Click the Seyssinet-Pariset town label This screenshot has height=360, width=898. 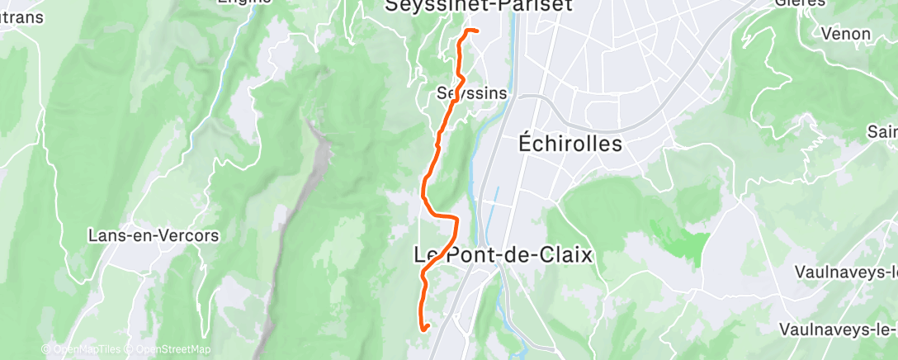point(479,6)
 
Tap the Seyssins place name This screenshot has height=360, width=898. point(472,92)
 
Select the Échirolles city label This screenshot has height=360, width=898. point(570,143)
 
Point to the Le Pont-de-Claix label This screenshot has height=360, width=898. point(503,255)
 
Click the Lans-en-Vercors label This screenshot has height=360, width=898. point(154,236)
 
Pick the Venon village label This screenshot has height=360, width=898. point(846,34)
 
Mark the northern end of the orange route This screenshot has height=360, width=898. point(477,31)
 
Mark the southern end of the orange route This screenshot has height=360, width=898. point(427,328)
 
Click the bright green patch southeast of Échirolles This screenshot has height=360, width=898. point(685,239)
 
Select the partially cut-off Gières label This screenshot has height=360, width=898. point(801,3)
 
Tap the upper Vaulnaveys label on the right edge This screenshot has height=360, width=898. point(846,272)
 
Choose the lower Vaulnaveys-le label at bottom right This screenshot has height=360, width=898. point(838,329)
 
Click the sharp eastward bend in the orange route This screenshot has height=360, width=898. point(454,218)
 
